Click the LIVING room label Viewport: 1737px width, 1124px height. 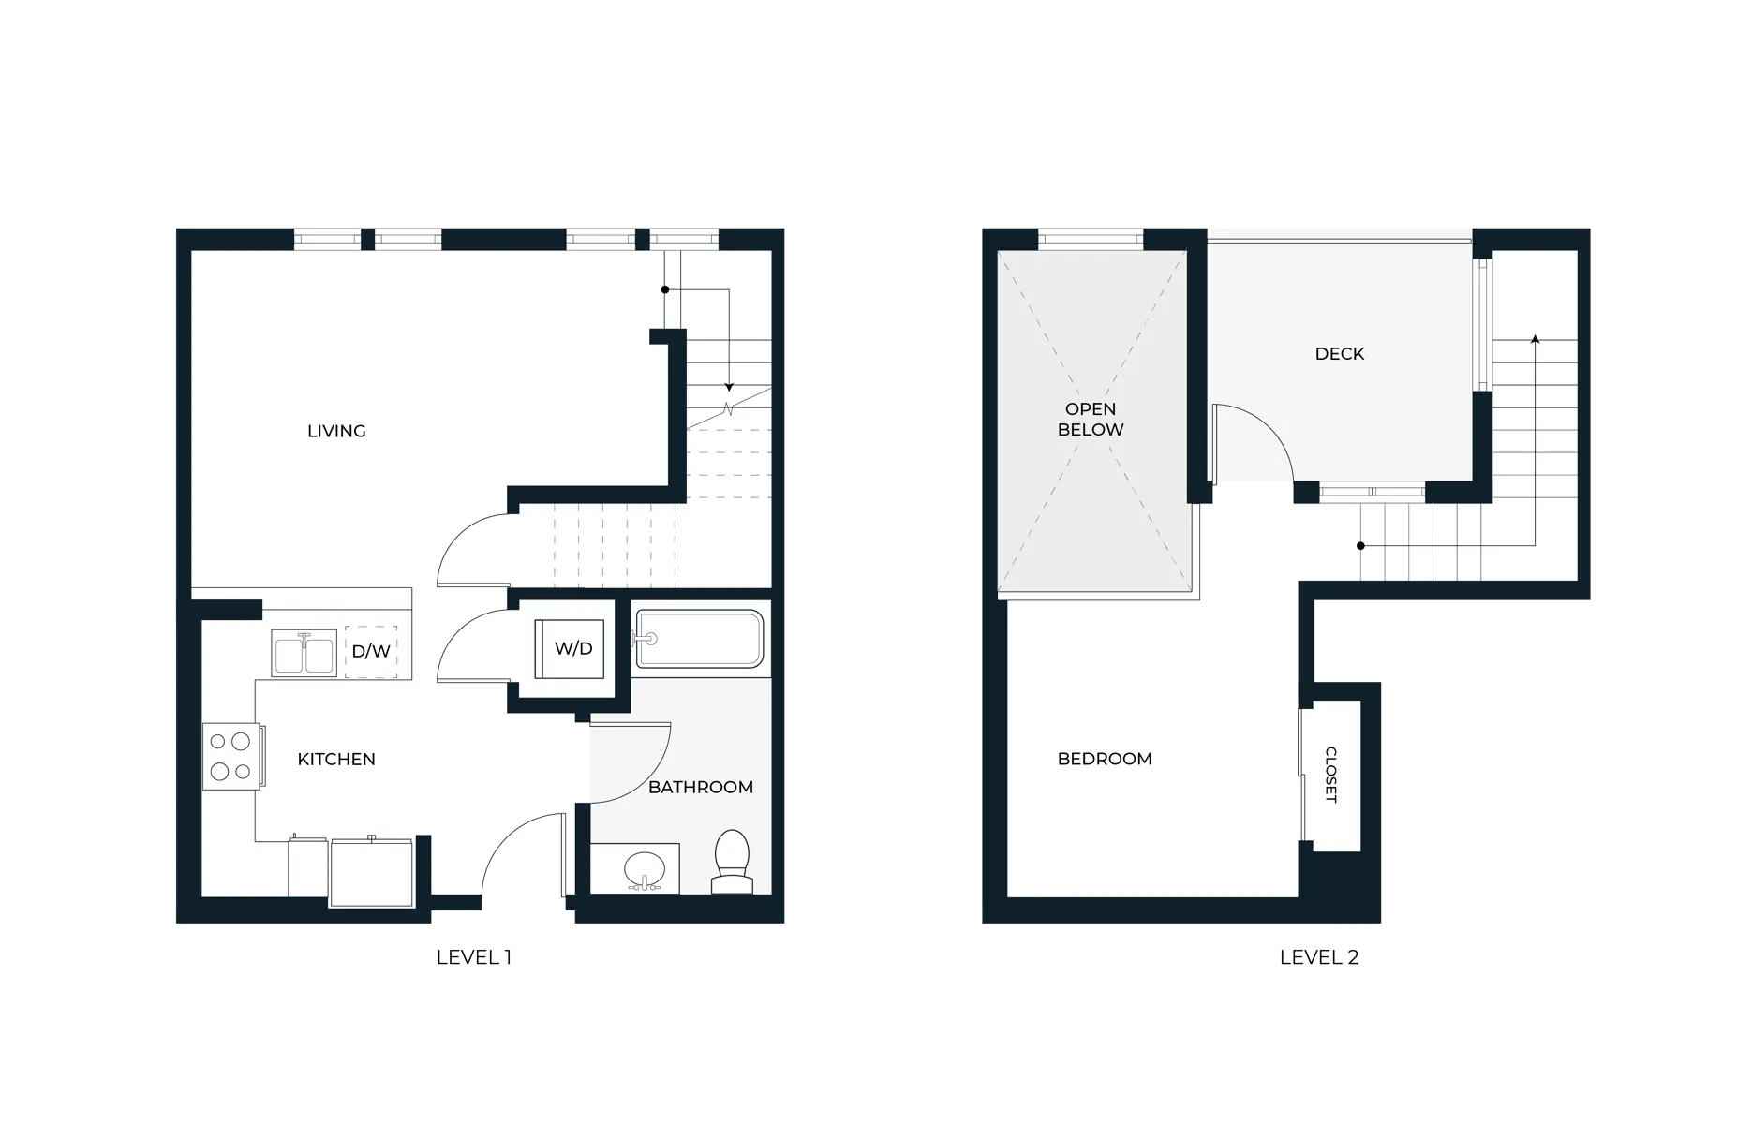click(x=336, y=431)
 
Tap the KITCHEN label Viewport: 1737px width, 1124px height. click(x=336, y=759)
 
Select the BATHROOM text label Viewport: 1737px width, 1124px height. click(x=701, y=787)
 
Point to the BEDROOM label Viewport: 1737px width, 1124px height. click(x=1105, y=759)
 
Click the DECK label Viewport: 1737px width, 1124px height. click(x=1340, y=353)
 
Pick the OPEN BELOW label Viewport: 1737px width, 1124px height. click(x=1091, y=420)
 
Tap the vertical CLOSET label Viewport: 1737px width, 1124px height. click(x=1331, y=775)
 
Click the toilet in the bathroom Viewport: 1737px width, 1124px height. click(x=732, y=861)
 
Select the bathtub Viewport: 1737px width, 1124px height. click(x=700, y=640)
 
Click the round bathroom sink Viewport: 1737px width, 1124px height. click(x=643, y=868)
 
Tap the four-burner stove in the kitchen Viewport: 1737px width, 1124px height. click(x=230, y=756)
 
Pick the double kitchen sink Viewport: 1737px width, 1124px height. click(x=304, y=653)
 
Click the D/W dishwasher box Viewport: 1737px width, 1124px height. click(x=371, y=652)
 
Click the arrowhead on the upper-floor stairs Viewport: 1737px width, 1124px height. click(x=1535, y=338)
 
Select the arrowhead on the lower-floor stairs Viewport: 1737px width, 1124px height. click(x=728, y=387)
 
